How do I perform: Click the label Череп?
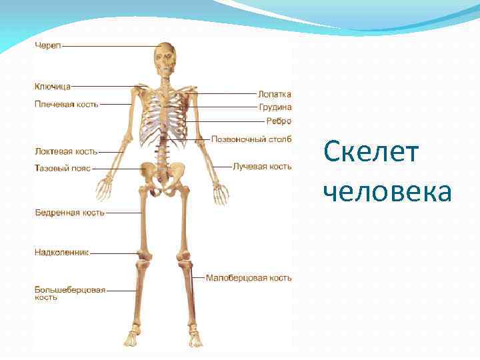47,45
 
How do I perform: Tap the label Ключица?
53,86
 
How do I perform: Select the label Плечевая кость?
66,104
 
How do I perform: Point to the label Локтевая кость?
66,152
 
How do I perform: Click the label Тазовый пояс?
62,169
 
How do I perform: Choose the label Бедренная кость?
69,213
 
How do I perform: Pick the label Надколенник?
61,253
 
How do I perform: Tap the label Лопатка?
275,95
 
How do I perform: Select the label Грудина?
275,107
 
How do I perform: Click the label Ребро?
279,121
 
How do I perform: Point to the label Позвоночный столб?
251,139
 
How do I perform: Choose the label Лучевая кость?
262,166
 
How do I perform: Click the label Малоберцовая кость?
249,277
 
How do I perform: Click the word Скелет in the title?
371,153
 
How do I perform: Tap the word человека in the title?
387,192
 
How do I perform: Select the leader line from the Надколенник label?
113,253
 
